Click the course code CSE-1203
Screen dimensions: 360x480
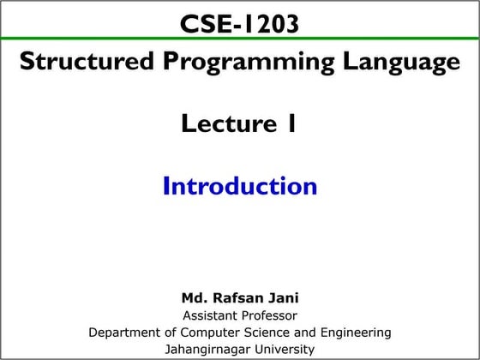[x=239, y=23]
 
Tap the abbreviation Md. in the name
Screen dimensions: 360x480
[x=194, y=298]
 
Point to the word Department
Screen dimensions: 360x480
[x=122, y=332]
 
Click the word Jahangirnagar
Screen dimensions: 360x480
[x=205, y=349]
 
